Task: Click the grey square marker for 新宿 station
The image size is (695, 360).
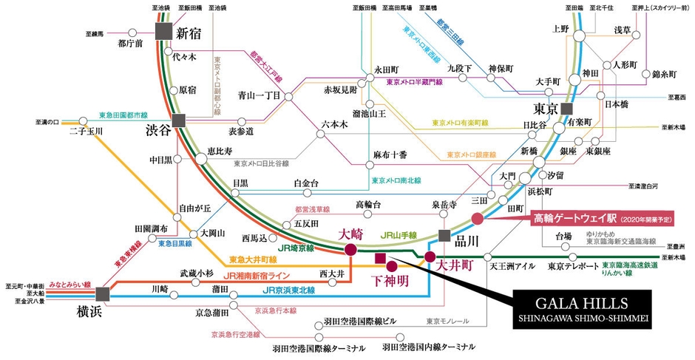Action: point(164,32)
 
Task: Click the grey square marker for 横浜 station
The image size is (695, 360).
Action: point(102,293)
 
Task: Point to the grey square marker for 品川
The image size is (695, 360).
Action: point(444,236)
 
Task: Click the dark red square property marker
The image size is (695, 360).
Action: point(381,258)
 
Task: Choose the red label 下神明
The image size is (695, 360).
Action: point(387,281)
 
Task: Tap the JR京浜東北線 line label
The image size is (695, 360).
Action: point(288,290)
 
